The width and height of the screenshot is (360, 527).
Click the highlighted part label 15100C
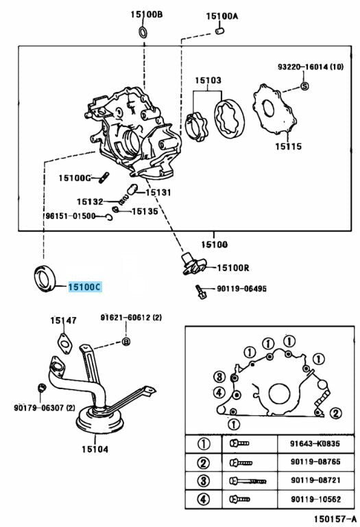tap(84, 287)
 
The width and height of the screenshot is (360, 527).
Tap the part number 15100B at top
tap(147, 13)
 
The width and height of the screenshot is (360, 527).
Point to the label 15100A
tap(221, 16)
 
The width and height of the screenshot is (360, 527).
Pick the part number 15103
tap(207, 80)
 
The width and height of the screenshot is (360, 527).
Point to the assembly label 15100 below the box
tap(214, 244)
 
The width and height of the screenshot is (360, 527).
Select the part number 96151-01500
tap(70, 216)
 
